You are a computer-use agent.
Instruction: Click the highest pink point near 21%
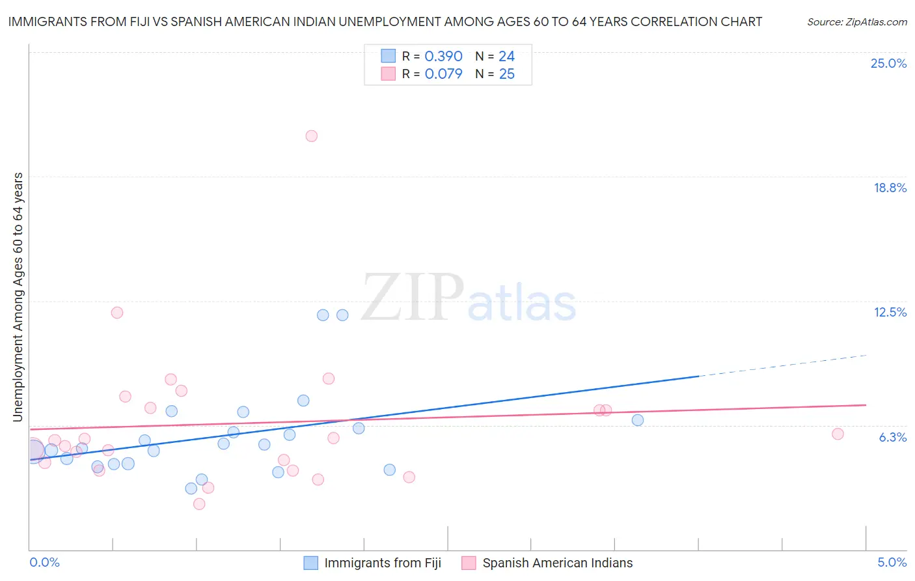(312, 136)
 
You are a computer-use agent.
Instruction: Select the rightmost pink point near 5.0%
(838, 434)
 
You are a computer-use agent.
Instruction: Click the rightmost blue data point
(638, 420)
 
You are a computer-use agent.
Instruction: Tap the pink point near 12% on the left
(117, 313)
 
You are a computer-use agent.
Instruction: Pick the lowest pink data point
(199, 504)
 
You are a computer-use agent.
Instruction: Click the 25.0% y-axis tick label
(888, 63)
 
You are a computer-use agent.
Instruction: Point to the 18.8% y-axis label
(890, 188)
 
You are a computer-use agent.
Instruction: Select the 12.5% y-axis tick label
(890, 312)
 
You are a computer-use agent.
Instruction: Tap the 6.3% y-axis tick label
(892, 437)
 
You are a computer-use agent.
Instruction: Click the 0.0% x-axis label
(44, 562)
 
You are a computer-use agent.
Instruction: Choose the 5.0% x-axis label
(892, 562)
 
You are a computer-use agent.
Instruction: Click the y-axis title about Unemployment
(18, 297)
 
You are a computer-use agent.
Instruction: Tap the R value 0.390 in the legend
(443, 57)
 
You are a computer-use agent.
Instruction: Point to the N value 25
(506, 74)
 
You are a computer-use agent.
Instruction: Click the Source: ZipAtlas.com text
(856, 21)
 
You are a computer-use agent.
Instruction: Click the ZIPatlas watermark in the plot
(469, 298)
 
